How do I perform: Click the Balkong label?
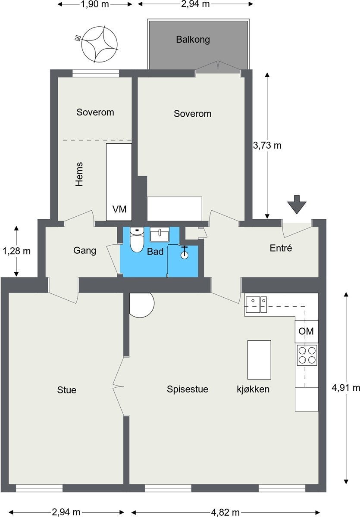point(193,40)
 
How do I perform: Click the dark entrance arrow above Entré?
point(297,204)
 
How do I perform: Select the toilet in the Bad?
point(137,240)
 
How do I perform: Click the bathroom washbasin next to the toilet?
point(160,234)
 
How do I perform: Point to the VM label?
point(119,209)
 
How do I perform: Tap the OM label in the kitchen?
point(306,331)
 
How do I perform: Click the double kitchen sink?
point(257,305)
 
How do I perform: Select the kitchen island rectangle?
point(259,360)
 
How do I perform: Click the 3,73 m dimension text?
point(267,146)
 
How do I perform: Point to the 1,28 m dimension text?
point(16,251)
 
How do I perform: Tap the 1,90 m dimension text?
point(95,4)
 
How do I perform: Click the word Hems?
point(79,174)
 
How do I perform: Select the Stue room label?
point(67,390)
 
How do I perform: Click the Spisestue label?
point(188,389)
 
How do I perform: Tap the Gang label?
point(85,251)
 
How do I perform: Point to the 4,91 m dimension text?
point(346,388)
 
